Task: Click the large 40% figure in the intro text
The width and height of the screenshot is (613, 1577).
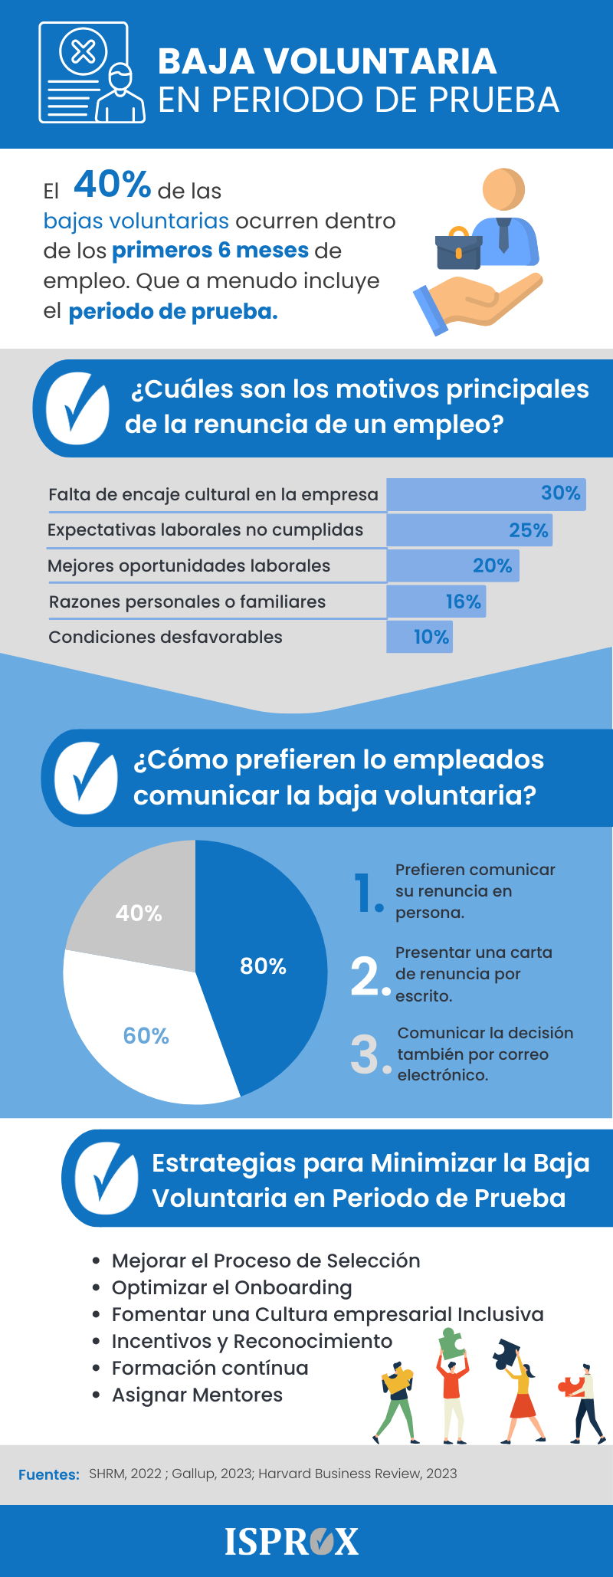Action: (x=112, y=185)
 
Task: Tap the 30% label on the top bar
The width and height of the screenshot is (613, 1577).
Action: (x=560, y=493)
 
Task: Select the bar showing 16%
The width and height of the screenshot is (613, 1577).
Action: (x=437, y=602)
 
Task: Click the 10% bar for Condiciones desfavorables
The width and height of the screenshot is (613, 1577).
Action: (x=420, y=637)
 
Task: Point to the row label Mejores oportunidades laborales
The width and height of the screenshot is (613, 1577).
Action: (x=188, y=566)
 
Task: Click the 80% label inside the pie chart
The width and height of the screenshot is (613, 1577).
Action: (x=263, y=966)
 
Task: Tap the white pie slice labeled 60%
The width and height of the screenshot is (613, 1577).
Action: (x=146, y=1036)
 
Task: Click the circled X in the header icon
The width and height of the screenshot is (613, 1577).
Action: (x=83, y=52)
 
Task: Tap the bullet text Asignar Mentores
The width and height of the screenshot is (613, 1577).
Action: (x=197, y=1395)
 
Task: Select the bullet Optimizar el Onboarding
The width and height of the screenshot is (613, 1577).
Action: (x=231, y=1288)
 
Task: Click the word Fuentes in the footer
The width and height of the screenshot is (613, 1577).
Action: (x=49, y=1474)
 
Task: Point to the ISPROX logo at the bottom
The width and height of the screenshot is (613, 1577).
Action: (x=291, y=1542)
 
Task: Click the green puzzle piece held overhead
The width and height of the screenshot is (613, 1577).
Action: (x=451, y=1343)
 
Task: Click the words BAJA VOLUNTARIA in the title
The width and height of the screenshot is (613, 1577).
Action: (x=327, y=62)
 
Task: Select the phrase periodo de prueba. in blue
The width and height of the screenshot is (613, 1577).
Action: (x=172, y=312)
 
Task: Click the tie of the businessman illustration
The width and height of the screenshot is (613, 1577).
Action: (x=503, y=234)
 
